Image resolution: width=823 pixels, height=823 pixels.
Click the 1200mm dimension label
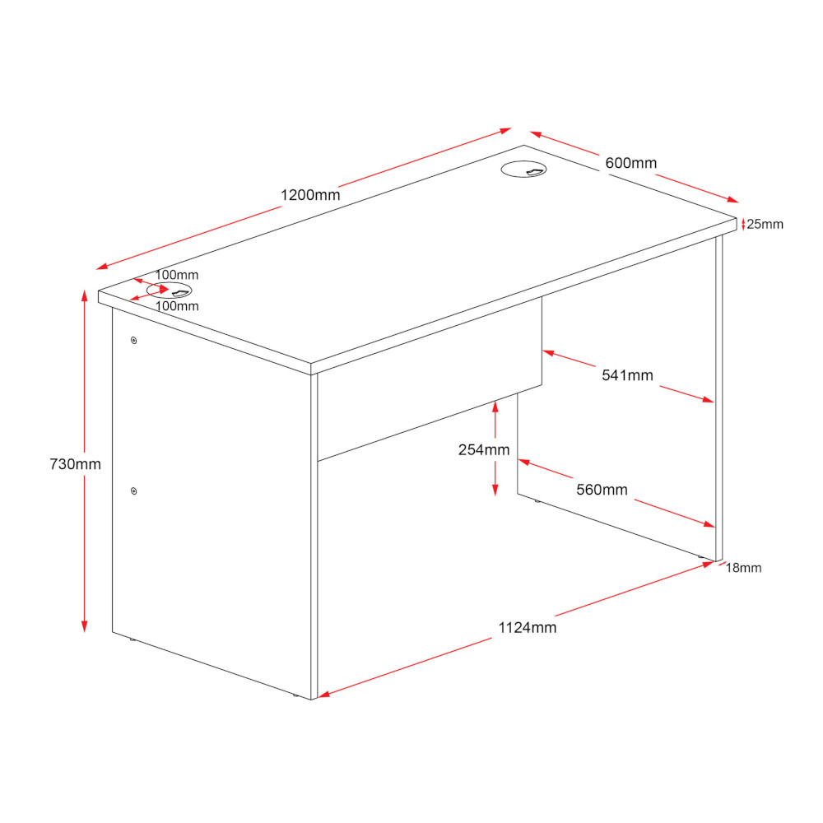point(310,195)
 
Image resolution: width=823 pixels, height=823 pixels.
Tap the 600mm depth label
point(631,163)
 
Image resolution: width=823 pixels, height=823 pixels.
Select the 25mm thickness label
point(765,224)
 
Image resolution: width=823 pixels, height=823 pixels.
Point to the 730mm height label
point(75,464)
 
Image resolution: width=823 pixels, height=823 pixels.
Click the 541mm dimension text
point(627,375)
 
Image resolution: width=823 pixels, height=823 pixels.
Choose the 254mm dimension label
point(484,450)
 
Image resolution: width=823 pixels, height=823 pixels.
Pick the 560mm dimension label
point(602,490)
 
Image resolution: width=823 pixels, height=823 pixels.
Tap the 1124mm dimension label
point(527,628)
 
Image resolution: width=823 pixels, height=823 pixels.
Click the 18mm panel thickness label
point(743,568)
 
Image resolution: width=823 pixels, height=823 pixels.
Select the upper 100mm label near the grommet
point(177,275)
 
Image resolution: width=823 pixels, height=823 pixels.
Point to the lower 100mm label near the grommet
point(177,306)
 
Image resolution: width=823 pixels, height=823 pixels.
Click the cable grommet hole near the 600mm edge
point(523,169)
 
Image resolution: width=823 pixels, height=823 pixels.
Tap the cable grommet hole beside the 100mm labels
point(170,291)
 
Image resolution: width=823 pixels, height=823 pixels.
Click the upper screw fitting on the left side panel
point(134,341)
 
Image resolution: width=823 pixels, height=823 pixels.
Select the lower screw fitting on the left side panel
point(134,491)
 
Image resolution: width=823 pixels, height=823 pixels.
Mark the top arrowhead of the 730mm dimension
point(84,295)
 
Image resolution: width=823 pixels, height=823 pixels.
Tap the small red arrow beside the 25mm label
point(743,225)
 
